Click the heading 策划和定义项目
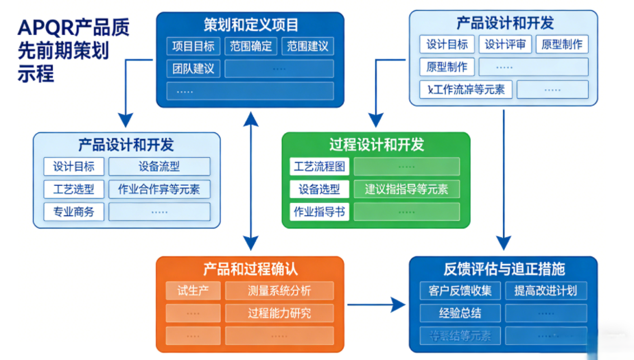click(251, 25)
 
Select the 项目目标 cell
click(193, 47)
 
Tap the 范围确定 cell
click(251, 47)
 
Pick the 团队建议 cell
click(193, 69)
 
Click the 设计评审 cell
click(505, 45)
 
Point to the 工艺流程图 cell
click(320, 167)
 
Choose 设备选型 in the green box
click(320, 189)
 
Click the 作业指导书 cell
click(320, 212)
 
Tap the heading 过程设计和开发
click(376, 145)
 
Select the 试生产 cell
click(193, 290)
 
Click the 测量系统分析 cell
click(279, 290)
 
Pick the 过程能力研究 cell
click(279, 313)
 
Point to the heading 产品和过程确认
click(250, 268)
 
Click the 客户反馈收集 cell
click(460, 290)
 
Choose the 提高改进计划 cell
click(545, 290)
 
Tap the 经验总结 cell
click(460, 313)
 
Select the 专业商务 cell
click(73, 212)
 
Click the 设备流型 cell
click(159, 167)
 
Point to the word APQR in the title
click(43, 29)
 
